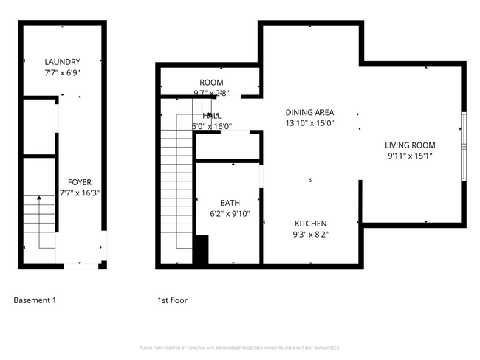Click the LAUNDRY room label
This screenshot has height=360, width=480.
[x=62, y=62]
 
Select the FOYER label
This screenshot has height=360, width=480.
[x=80, y=182]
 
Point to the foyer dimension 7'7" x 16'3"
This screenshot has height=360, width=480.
[x=80, y=193]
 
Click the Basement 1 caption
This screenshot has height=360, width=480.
[x=35, y=300]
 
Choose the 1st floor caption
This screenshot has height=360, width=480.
[x=172, y=300]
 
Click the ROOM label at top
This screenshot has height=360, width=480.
[x=211, y=83]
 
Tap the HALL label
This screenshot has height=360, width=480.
[x=212, y=116]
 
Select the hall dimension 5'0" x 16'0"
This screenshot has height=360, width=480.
[x=212, y=126]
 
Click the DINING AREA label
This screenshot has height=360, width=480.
[x=310, y=112]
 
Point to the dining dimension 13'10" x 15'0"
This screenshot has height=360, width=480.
[x=310, y=123]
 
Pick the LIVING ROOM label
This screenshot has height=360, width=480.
[x=411, y=145]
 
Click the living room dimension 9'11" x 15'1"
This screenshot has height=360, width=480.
[x=411, y=156]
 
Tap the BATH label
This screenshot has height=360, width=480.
[x=230, y=203]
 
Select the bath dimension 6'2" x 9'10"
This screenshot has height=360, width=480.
[x=230, y=214]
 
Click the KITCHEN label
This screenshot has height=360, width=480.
[x=311, y=224]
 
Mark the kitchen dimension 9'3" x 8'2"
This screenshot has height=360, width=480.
[x=311, y=235]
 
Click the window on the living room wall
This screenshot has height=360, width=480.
[x=463, y=146]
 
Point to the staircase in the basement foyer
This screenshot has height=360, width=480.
[x=37, y=221]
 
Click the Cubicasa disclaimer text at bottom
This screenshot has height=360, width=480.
[x=239, y=347]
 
